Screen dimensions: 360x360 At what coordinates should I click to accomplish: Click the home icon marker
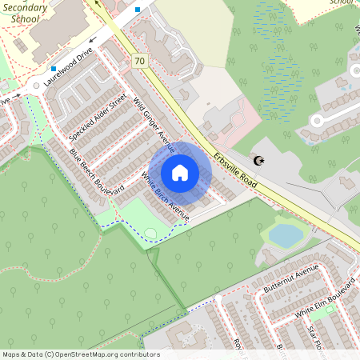(x=180, y=173)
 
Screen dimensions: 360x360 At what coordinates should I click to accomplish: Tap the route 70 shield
(x=140, y=61)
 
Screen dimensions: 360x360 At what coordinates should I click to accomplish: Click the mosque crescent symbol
(x=258, y=161)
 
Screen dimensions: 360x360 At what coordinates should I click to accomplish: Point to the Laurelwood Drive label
(x=70, y=67)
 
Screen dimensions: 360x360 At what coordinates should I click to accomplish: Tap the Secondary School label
(x=24, y=13)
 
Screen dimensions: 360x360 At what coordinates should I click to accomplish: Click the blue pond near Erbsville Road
(x=285, y=234)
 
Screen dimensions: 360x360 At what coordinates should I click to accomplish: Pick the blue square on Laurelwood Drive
(x=54, y=69)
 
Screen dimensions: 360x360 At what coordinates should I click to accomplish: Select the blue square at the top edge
(x=138, y=10)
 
